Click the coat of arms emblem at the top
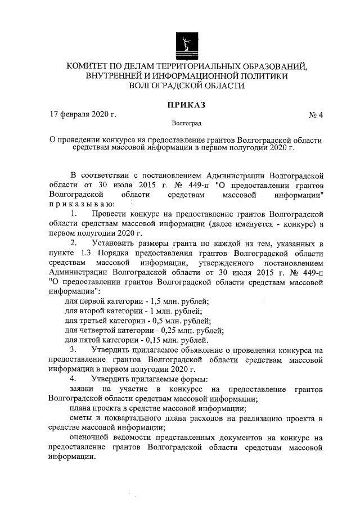click(x=187, y=44)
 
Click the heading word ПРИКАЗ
click(x=187, y=104)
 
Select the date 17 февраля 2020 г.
click(x=83, y=115)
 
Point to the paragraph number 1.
click(x=74, y=214)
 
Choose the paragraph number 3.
click(x=74, y=349)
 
